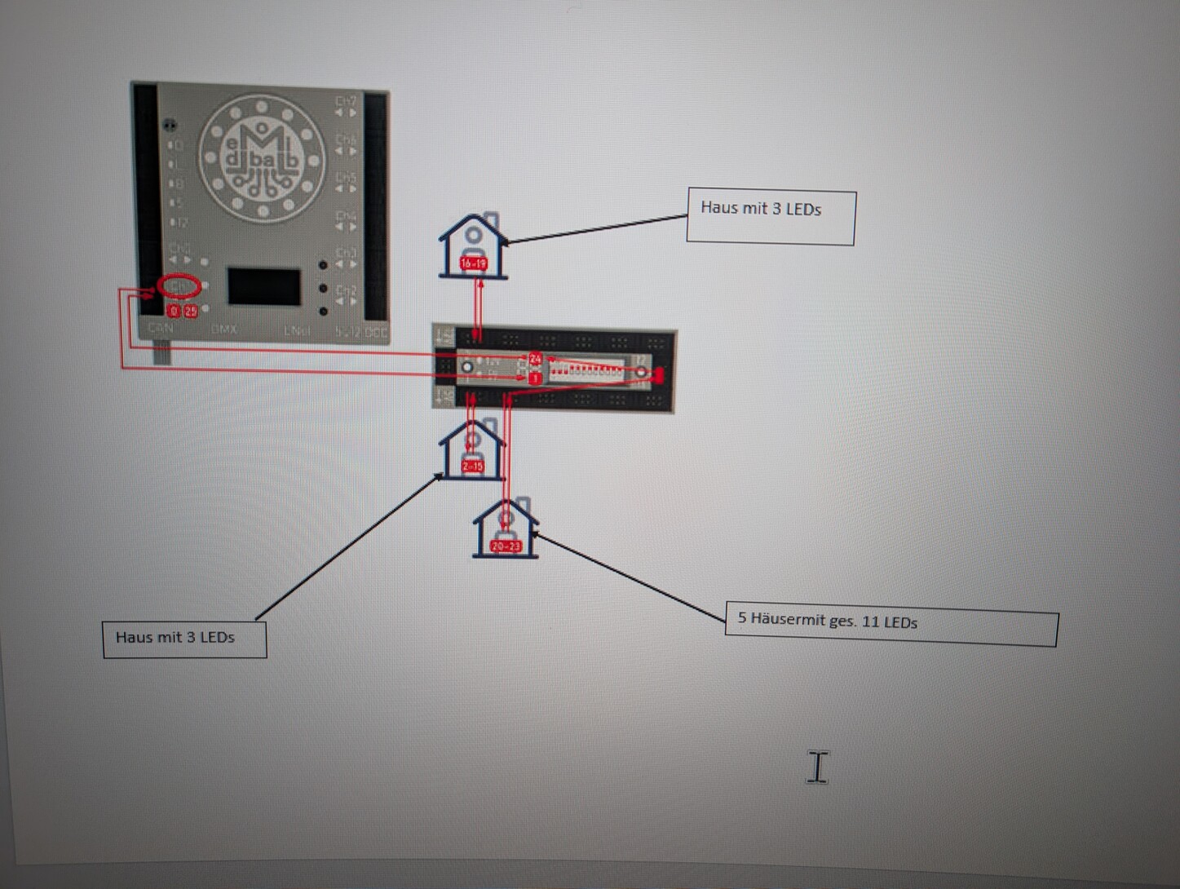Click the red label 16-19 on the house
coord(473,263)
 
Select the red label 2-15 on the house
coord(472,466)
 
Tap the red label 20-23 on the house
coord(506,546)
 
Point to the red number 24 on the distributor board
coord(535,359)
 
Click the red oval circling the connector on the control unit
coord(179,285)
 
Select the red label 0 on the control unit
coord(173,311)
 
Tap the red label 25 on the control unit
coord(190,311)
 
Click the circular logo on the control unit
coord(261,159)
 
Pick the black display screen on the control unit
coord(263,286)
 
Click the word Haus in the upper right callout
coord(718,207)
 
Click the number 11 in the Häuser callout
coord(870,621)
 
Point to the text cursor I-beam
coord(817,767)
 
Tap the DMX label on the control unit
coord(223,330)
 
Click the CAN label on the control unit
coord(160,328)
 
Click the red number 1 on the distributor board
coord(535,378)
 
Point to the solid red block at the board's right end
coord(658,375)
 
